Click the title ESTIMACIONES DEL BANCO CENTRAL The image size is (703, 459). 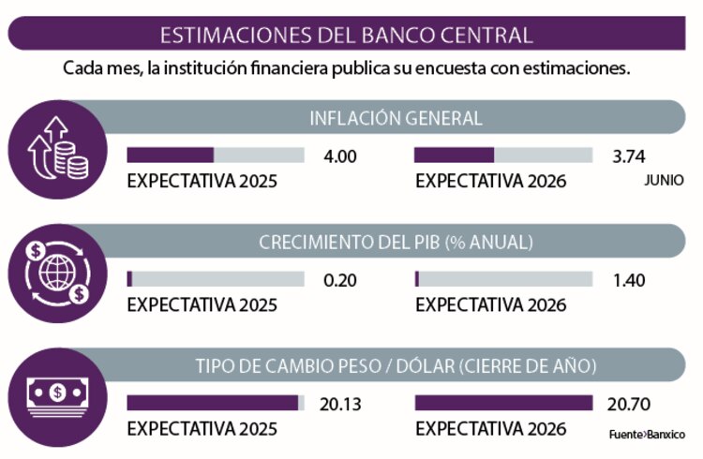pos(347,36)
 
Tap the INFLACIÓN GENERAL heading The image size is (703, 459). pos(396,118)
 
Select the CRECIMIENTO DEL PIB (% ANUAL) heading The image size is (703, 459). pos(396,242)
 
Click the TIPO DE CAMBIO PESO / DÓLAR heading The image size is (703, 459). pos(396,365)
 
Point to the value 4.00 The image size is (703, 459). pos(339,156)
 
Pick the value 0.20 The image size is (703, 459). pos(339,280)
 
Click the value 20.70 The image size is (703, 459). pos(630,404)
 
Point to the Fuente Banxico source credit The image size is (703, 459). pos(647,435)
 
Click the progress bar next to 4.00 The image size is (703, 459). pos(216,155)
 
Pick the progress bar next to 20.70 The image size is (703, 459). pos(503,403)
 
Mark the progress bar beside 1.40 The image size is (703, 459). pos(503,279)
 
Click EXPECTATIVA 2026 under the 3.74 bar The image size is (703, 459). pos(491,182)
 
